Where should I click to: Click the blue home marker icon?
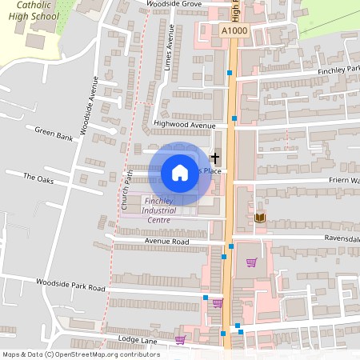pyautogui.click(x=180, y=172)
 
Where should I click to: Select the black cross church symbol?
pyautogui.click(x=214, y=158)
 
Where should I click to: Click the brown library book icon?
pyautogui.click(x=259, y=217)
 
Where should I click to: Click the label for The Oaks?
pyautogui.click(x=38, y=178)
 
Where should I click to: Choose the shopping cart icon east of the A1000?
pyautogui.click(x=251, y=262)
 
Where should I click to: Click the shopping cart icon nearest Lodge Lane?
pyautogui.click(x=180, y=339)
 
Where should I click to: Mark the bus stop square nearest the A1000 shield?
pyautogui.click(x=230, y=73)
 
